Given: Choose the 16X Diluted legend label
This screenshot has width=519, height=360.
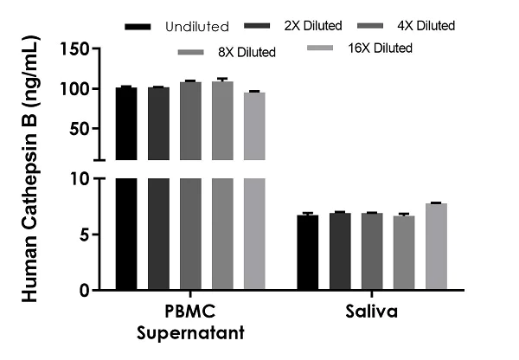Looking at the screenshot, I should (382, 48).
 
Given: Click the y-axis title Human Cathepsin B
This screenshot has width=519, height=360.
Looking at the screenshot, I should (29, 173).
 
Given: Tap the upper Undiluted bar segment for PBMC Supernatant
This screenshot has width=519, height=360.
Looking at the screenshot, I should (126, 124).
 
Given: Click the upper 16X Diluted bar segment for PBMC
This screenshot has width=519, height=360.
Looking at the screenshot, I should (254, 125).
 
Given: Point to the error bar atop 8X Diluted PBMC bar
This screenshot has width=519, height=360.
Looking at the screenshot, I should (222, 80).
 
